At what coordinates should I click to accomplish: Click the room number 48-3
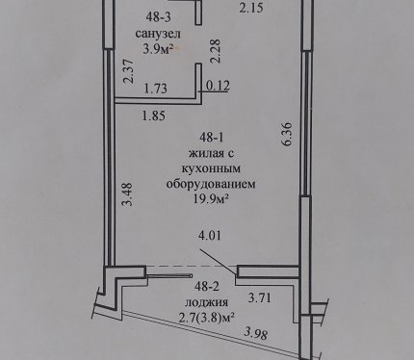coord(158,17)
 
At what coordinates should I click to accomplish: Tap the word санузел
coord(158,34)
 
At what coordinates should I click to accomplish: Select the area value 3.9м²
coord(158,49)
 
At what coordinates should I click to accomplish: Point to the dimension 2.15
coord(251,8)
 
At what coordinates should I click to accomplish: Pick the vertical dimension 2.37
coord(128,71)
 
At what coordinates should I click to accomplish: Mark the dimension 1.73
coord(156,89)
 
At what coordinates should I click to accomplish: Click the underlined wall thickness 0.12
coord(218,86)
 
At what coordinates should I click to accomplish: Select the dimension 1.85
coord(154,116)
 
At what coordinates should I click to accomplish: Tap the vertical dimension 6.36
coord(287,134)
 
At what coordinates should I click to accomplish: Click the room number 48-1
coord(211,138)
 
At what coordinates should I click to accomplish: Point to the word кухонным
coord(211,168)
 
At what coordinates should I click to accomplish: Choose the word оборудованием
coord(211,184)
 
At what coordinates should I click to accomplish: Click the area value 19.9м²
coord(211,199)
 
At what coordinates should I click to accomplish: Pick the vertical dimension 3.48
coord(128,194)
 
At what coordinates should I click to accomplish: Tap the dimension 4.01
coord(210,236)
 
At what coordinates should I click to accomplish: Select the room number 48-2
coord(207,286)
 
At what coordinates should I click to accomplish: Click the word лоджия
coord(207,302)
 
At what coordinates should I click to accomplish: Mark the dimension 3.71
coord(260,297)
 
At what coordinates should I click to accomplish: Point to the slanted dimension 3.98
coord(255,334)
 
